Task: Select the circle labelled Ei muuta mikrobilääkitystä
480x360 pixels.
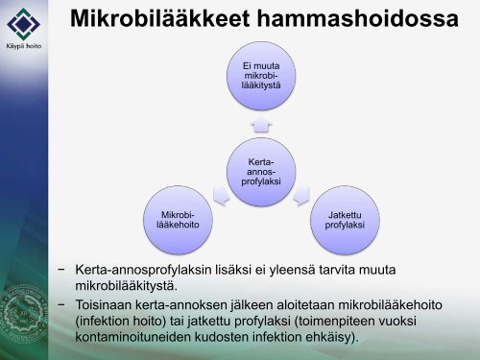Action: (260, 78)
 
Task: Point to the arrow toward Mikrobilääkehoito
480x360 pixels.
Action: (220, 197)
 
